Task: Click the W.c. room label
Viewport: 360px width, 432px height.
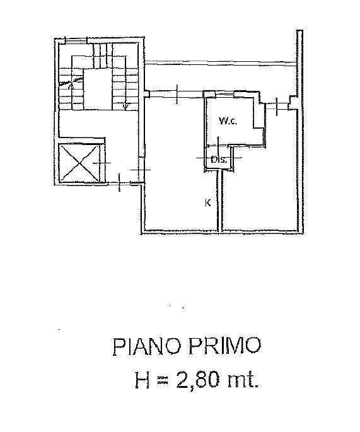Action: pos(228,121)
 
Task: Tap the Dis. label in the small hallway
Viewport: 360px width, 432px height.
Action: pos(219,160)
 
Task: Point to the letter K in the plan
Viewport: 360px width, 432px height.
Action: pos(208,203)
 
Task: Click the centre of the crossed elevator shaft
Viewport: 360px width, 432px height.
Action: pos(79,163)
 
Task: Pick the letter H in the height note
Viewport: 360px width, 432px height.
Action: pos(142,380)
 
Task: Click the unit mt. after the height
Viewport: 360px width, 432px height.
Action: pos(243,381)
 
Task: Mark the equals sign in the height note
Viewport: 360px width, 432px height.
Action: pos(163,381)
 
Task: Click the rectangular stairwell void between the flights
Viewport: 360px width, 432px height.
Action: pos(98,90)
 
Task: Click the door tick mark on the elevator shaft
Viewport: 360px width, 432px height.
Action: pos(102,163)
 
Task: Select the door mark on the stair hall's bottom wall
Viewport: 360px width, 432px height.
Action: pos(119,182)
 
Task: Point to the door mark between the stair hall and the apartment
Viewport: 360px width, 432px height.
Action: pos(141,169)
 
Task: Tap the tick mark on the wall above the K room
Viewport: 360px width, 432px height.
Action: pos(177,94)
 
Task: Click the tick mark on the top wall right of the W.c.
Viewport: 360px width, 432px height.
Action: pos(277,107)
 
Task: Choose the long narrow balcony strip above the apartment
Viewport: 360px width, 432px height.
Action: pos(221,63)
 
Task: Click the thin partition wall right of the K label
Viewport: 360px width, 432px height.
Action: pos(220,201)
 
